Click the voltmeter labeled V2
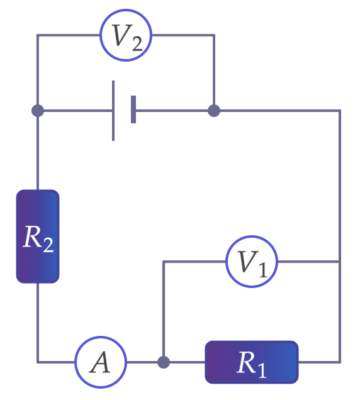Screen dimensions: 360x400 126,35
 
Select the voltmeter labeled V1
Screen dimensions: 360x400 252,262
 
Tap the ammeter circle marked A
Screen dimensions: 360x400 101,362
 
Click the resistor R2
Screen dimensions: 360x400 38,236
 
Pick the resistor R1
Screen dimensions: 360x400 252,362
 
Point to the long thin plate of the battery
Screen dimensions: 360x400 113,111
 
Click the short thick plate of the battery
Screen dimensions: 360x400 133,109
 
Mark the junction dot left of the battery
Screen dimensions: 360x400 38,111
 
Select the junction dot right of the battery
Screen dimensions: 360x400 214,111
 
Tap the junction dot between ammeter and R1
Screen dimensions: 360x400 164,362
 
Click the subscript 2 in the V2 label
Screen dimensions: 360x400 137,43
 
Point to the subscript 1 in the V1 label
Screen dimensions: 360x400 262,270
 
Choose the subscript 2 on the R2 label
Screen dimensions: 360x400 48,245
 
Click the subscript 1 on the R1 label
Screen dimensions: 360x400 262,370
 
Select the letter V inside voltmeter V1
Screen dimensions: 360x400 247,261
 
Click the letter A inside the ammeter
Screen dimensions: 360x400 100,362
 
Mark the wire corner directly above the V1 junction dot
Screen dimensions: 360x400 164,262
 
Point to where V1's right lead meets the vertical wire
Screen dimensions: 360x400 340,262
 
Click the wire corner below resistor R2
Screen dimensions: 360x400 38,362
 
